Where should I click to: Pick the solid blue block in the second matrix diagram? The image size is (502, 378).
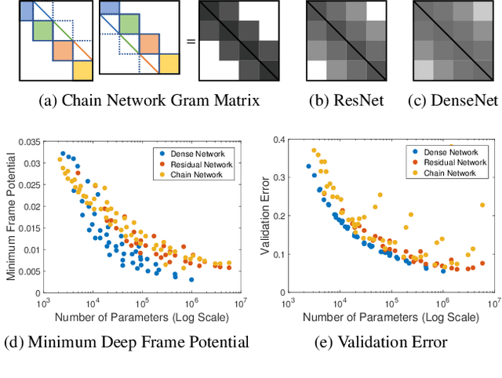click(x=110, y=11)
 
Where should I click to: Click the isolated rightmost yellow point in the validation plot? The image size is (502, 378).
click(x=482, y=205)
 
